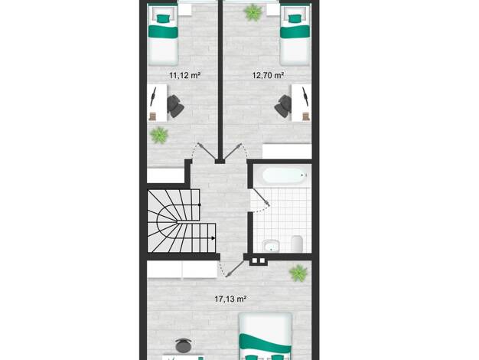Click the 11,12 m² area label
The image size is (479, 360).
[185, 75]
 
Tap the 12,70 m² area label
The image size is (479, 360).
[269, 75]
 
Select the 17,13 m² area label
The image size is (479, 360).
[230, 299]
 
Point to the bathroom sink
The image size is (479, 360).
[271, 246]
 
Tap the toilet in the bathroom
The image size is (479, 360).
[297, 244]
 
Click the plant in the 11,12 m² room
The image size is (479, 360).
[159, 135]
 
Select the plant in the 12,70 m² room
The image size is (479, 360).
[253, 12]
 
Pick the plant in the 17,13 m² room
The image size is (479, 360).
[298, 273]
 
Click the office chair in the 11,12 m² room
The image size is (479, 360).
[175, 106]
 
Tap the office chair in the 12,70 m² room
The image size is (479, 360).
[283, 106]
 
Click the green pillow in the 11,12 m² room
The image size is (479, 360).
[163, 18]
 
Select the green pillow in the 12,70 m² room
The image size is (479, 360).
[295, 18]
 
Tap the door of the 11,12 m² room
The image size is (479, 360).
[207, 151]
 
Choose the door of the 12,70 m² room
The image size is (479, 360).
[233, 151]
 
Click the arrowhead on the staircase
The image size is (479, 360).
[213, 238]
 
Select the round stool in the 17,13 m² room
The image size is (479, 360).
[184, 345]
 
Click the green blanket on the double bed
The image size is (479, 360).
[266, 343]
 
